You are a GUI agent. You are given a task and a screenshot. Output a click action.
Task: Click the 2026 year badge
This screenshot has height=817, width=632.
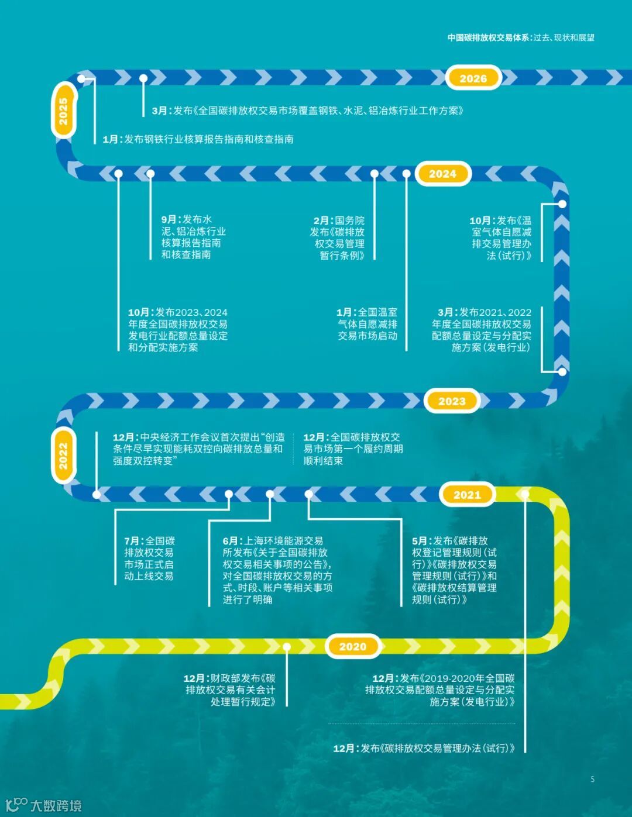tap(473, 78)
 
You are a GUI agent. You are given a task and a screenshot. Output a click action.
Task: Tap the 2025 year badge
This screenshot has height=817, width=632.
tap(63, 111)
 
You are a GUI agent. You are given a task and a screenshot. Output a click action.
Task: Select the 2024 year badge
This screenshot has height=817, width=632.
tap(442, 174)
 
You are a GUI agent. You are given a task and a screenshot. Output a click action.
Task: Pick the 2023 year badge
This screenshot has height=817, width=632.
tap(452, 401)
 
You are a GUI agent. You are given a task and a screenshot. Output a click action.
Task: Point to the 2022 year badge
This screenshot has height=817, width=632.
tap(63, 456)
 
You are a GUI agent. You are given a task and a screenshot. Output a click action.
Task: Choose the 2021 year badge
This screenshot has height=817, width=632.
tap(467, 495)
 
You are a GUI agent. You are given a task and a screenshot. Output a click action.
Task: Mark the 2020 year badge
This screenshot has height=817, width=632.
tap(352, 646)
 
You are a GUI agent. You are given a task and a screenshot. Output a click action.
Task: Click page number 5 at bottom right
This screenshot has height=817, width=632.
tap(592, 779)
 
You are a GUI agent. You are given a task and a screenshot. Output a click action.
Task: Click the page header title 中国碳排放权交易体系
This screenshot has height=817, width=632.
tap(489, 37)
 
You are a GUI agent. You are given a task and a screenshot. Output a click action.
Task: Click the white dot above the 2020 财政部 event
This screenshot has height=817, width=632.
tap(287, 647)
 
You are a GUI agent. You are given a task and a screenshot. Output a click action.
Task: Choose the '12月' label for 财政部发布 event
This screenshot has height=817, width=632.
tap(195, 678)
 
